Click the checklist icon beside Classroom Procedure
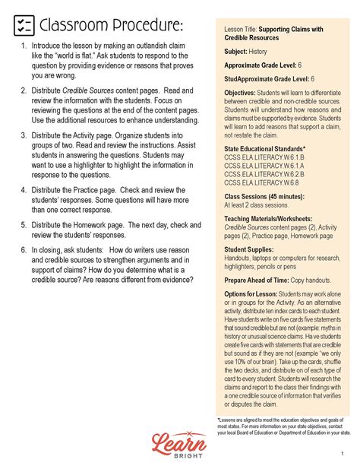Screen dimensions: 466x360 [24, 27]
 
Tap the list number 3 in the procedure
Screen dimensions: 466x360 [24, 137]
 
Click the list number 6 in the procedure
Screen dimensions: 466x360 [24, 248]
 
